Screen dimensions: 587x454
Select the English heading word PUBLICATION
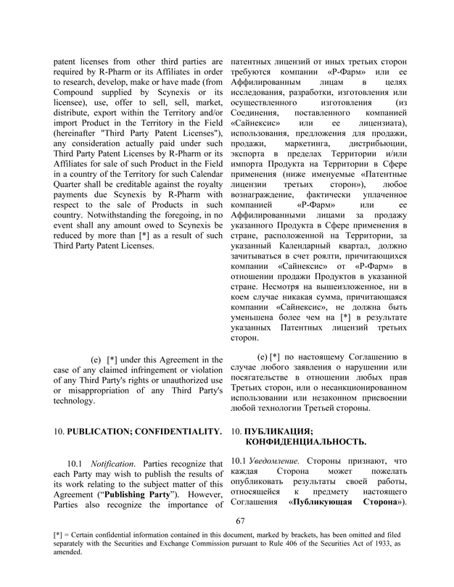[102, 431]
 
